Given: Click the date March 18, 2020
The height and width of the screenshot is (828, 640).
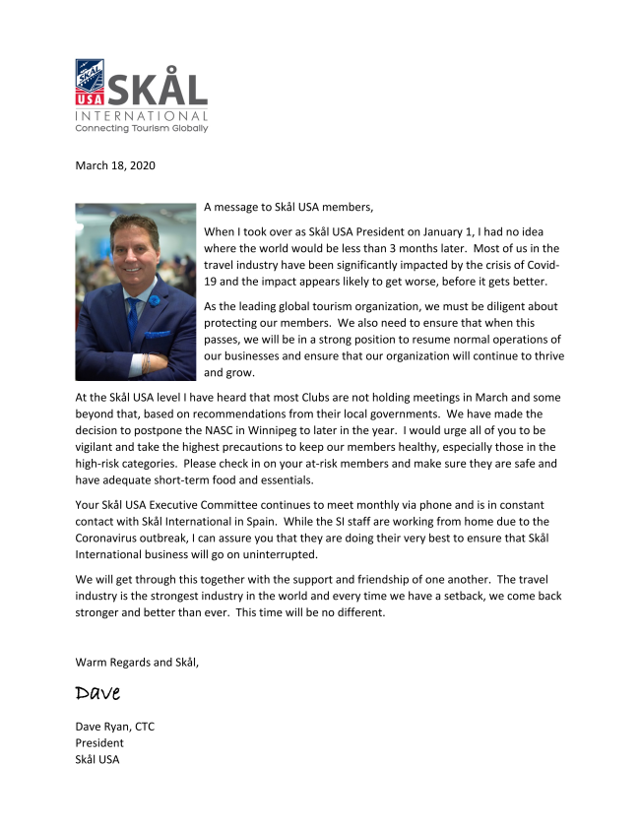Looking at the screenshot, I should (x=115, y=165).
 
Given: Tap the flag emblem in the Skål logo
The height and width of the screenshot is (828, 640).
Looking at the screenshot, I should (x=91, y=82).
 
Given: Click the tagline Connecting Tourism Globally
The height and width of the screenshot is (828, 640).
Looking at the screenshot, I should (x=142, y=128).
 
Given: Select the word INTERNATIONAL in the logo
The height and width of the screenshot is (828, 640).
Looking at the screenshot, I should (x=142, y=114).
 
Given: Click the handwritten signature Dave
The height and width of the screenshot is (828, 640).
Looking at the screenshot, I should (x=97, y=693).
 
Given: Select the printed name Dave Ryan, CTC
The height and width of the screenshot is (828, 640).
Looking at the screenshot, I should (x=115, y=727).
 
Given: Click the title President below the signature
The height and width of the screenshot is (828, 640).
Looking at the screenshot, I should (x=99, y=742).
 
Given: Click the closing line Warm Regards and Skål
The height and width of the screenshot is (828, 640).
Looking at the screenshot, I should (x=137, y=662).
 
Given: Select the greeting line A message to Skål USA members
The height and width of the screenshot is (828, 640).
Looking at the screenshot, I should (x=288, y=208).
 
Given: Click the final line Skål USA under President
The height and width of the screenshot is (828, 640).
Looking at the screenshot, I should (x=97, y=759).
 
